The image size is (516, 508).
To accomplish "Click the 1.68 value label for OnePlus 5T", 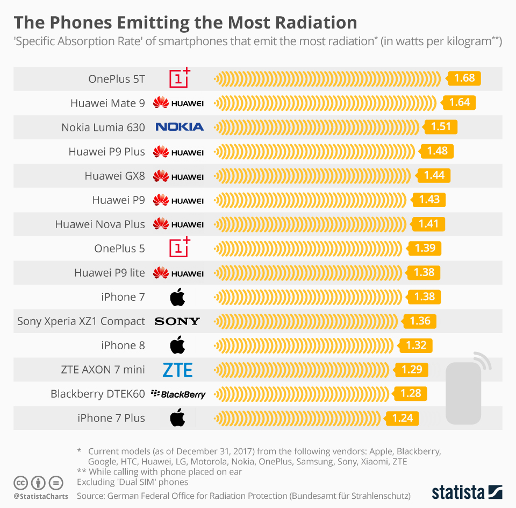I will coord(464,79).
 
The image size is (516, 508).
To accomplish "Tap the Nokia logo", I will coord(180,127).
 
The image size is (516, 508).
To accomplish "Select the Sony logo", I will coord(177,321).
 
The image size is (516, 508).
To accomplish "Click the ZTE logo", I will coord(177,370).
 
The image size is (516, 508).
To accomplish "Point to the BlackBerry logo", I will coord(178,394).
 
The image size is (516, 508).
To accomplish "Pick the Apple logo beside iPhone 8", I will coord(177,345).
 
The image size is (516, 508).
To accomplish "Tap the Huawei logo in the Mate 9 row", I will coord(178,103).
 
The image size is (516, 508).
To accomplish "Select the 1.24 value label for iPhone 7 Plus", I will coord(402,418).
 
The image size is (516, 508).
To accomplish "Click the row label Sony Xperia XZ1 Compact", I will coord(81,321).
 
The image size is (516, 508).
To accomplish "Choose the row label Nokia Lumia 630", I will coord(103,128).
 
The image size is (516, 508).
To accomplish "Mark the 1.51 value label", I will coord(441,127).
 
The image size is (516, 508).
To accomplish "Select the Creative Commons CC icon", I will coord(20,482).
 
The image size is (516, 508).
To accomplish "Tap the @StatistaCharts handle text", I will coord(41,496).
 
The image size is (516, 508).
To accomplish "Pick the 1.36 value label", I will coord(420,321).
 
